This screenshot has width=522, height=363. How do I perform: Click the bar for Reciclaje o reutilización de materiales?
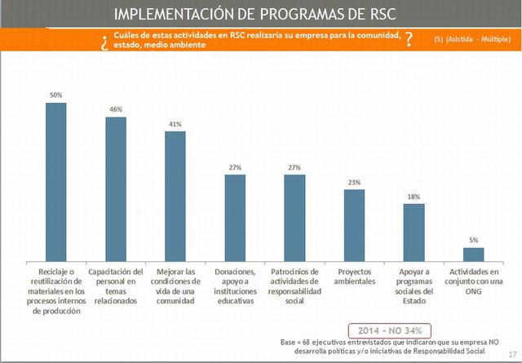click(x=55, y=180)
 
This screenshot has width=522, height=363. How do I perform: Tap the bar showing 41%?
click(x=175, y=195)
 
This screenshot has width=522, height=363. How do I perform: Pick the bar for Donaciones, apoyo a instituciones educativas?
click(x=235, y=216)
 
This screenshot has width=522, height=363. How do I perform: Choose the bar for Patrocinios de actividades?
click(x=294, y=216)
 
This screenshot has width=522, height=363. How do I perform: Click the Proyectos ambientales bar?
click(x=354, y=224)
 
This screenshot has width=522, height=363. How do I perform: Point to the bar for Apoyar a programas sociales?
click(x=414, y=231)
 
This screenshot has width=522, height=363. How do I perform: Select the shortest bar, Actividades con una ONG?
click(x=473, y=253)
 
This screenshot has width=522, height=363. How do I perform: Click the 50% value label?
click(x=55, y=95)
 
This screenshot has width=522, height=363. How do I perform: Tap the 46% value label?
click(x=116, y=109)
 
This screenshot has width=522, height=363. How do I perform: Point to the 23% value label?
click(x=354, y=183)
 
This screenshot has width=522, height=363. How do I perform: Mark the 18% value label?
click(x=414, y=197)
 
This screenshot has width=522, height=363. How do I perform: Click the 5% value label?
click(x=473, y=240)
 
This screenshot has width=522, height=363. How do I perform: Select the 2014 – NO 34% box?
click(x=389, y=330)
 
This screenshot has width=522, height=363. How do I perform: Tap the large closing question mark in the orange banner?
click(x=409, y=40)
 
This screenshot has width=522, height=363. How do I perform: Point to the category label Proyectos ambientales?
click(x=354, y=276)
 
